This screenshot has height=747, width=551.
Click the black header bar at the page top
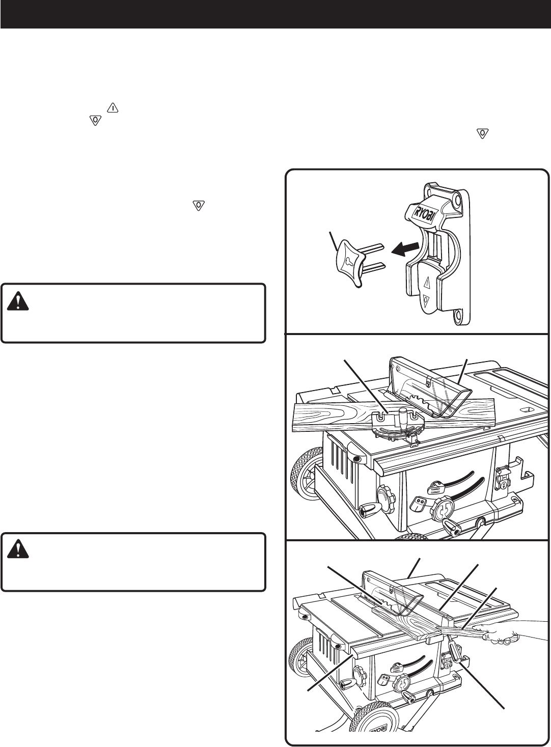(275, 14)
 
